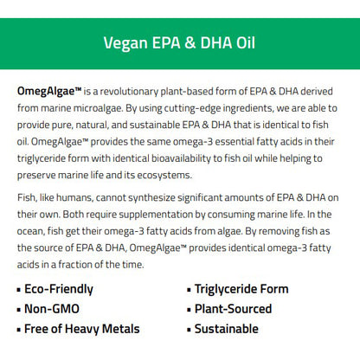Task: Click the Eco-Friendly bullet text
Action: (60, 289)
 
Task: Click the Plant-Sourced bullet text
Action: (233, 309)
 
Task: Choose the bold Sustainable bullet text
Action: (226, 329)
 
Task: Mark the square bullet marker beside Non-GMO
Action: (20, 310)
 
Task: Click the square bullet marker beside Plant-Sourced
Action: (188, 310)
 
